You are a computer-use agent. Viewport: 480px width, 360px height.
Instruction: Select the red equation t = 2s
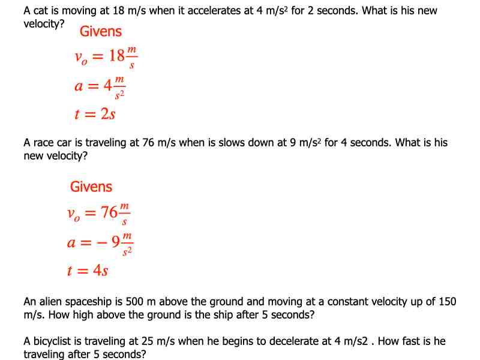click(95, 113)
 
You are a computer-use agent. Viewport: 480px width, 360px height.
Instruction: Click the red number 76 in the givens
click(109, 213)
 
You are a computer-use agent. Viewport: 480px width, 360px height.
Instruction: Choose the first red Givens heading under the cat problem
click(100, 31)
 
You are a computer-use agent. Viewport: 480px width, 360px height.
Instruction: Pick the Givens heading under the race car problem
click(91, 187)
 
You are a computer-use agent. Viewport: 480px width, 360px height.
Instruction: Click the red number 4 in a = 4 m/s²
click(108, 86)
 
